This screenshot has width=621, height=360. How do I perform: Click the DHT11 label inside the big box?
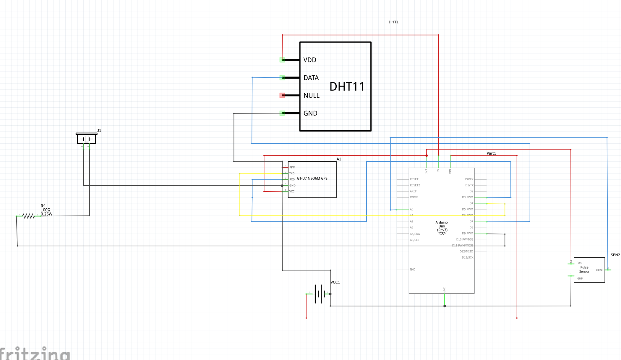347,87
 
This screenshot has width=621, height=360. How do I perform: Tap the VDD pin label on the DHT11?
310,60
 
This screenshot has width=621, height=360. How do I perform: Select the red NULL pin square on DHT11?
282,95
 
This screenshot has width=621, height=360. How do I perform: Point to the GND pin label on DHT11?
310,113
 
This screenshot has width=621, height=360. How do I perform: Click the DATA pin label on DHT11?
311,78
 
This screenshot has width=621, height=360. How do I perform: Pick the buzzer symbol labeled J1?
86,139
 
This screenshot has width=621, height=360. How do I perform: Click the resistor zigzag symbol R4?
29,216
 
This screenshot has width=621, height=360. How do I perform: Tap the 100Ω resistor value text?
46,210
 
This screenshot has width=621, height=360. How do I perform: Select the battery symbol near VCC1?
319,294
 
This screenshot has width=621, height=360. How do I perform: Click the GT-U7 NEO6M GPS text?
312,179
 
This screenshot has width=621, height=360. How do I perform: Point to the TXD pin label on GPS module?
292,173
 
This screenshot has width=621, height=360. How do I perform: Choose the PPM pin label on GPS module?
292,167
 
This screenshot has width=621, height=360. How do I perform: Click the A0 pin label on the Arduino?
411,209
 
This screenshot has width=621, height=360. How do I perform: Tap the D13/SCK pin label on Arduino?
467,257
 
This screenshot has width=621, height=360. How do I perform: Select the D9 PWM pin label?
467,233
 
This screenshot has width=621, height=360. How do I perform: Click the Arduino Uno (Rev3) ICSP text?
442,228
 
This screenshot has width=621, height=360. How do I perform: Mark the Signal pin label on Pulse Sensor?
599,270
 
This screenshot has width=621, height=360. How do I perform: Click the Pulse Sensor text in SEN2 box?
584,269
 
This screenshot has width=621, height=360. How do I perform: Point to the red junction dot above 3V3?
427,155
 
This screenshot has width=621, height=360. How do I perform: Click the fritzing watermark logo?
35,353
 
